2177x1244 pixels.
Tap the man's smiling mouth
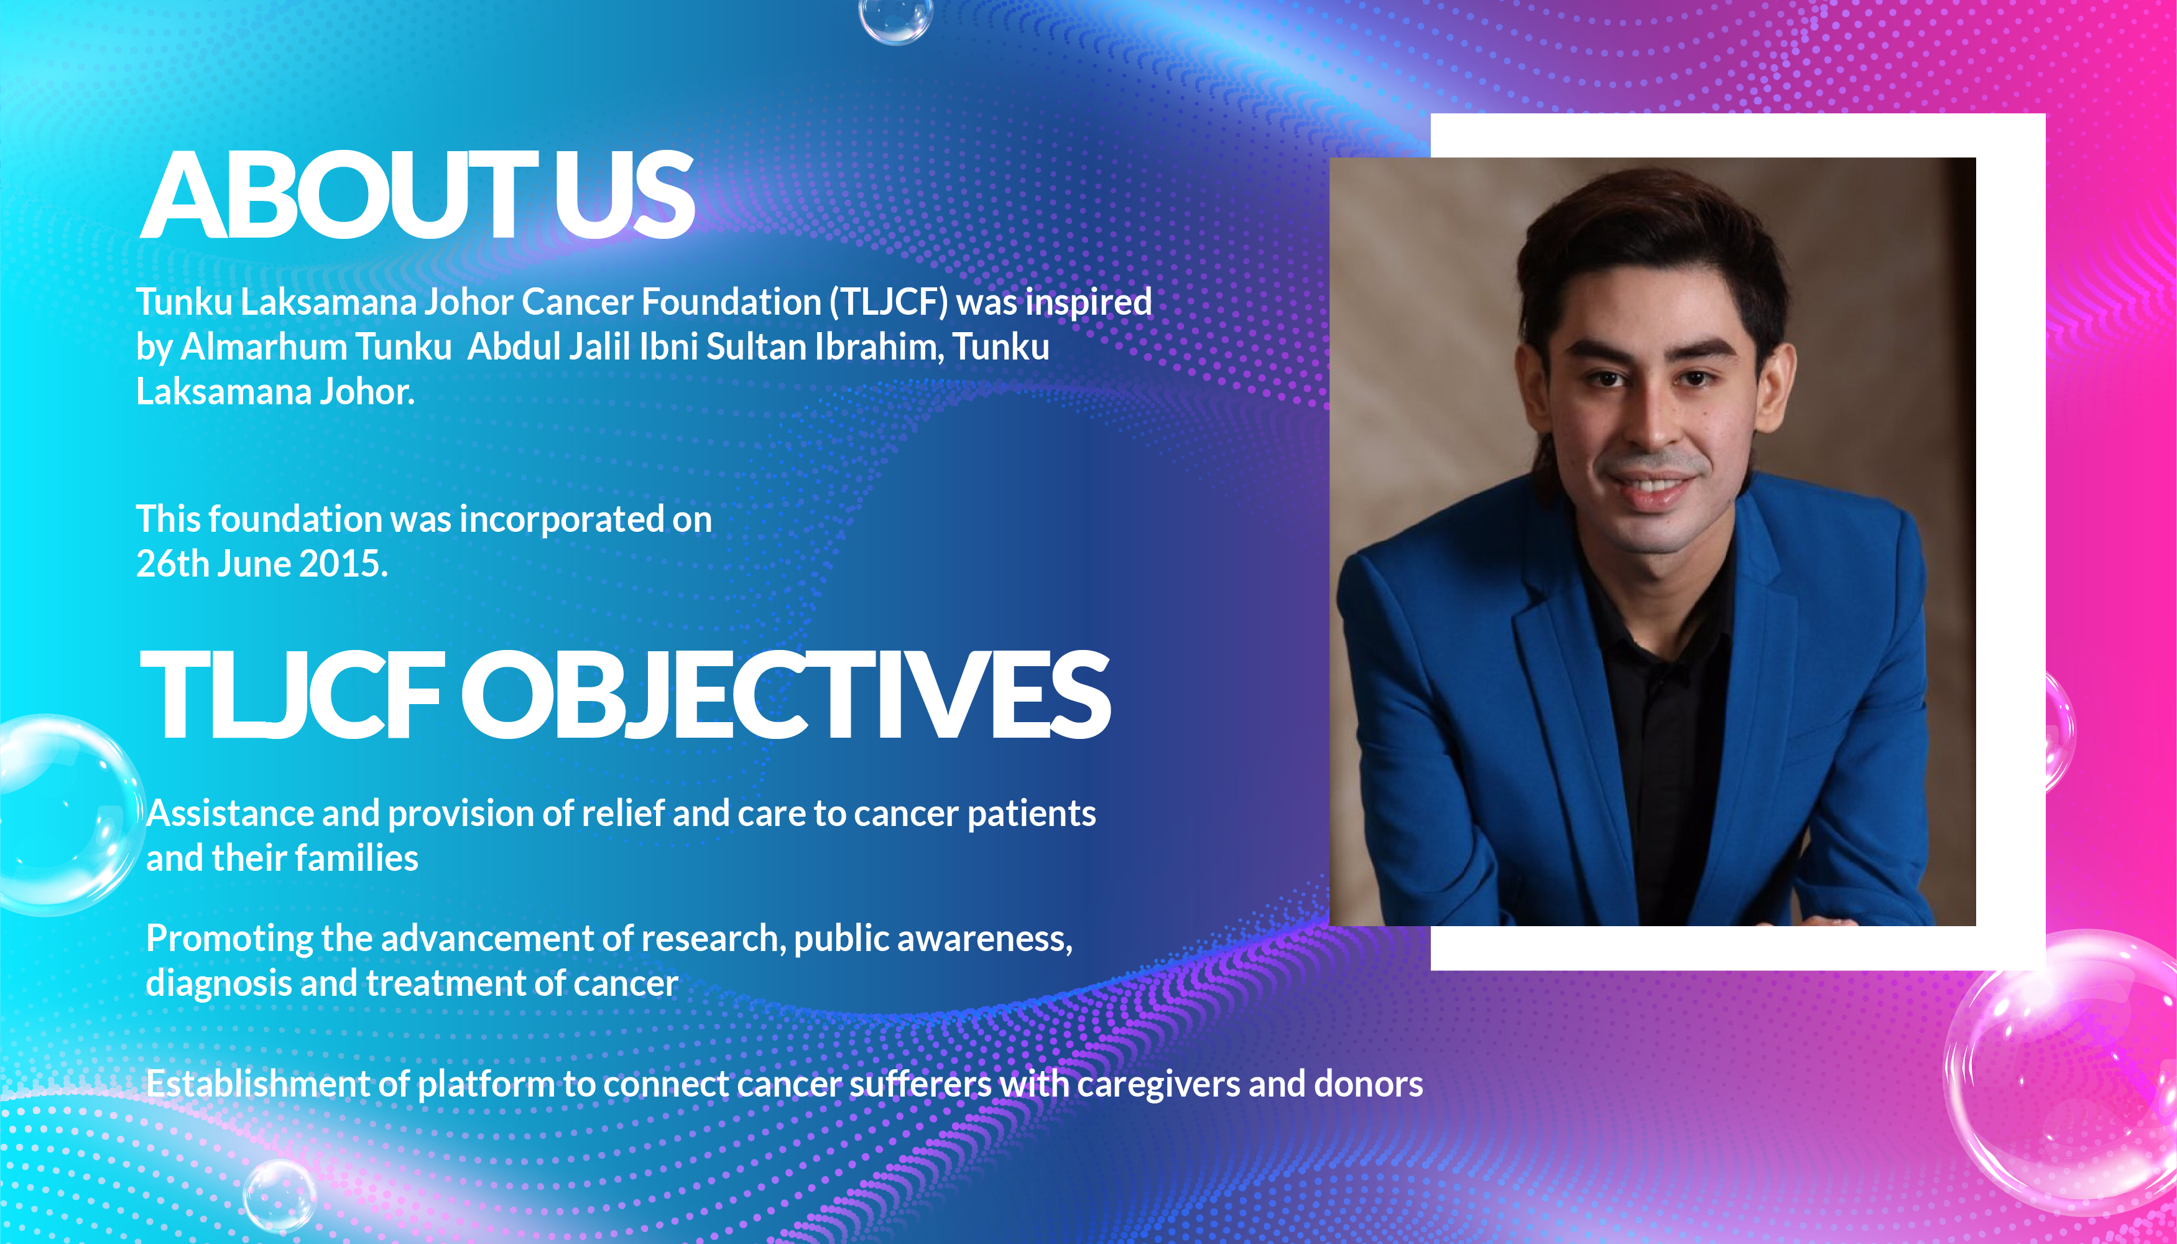point(1652,486)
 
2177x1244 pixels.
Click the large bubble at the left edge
point(64,814)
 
